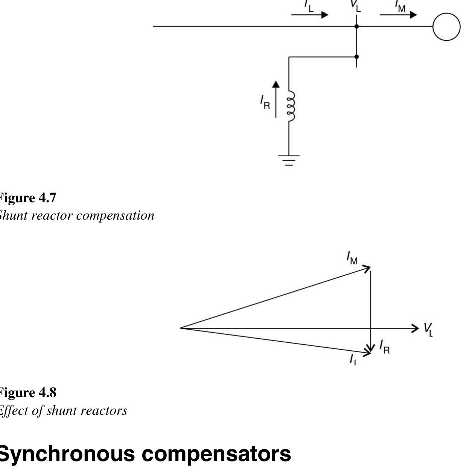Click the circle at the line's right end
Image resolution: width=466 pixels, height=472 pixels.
point(446,27)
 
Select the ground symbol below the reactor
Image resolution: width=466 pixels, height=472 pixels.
point(289,160)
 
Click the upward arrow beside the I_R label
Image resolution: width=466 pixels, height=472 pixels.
point(276,99)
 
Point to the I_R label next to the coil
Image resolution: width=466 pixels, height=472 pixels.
point(265,102)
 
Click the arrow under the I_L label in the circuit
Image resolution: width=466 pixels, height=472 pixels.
point(309,15)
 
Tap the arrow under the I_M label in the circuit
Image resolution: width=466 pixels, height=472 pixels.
point(398,15)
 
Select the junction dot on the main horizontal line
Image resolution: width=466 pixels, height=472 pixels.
point(356,26)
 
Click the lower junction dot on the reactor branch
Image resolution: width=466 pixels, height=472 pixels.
point(356,57)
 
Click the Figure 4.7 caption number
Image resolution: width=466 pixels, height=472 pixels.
point(47,198)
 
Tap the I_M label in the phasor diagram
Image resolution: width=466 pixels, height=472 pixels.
point(352,258)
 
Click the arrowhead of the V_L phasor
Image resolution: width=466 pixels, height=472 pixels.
point(416,328)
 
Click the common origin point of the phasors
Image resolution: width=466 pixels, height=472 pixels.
point(181,328)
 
